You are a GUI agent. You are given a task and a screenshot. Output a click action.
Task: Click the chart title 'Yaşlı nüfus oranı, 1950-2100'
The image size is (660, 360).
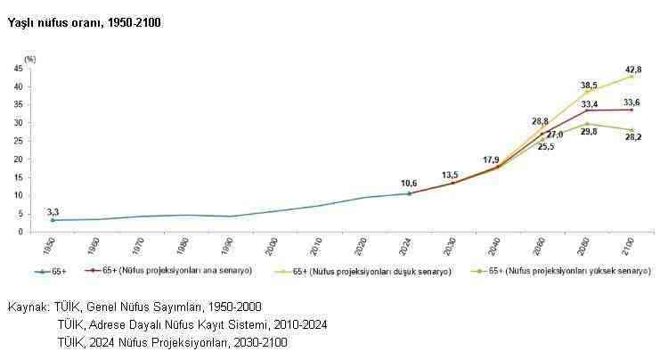pos(84,20)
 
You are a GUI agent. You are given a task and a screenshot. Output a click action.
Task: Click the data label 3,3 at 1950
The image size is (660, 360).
pos(53,211)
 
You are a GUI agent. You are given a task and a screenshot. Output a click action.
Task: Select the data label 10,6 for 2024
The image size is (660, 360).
pos(409,183)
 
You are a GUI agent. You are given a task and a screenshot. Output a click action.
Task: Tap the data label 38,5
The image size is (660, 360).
pos(588,86)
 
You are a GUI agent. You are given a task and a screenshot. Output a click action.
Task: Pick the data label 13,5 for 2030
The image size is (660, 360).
pos(451,175)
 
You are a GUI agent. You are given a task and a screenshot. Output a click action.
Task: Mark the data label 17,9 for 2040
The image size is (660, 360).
pos(492,160)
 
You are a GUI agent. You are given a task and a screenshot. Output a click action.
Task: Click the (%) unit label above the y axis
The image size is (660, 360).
pos(30,58)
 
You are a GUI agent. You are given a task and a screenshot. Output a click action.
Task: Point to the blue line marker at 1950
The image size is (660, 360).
pos(53,220)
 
